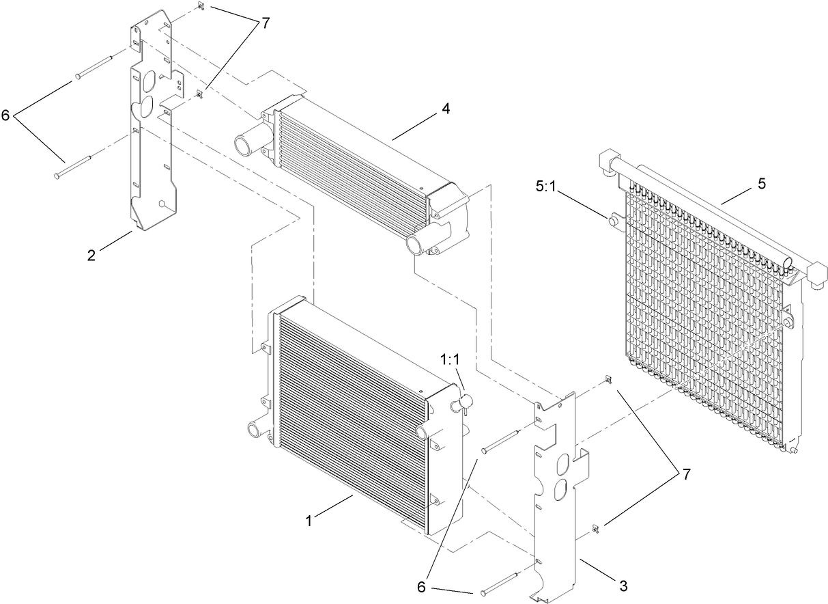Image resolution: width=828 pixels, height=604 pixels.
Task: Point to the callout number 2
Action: point(92,256)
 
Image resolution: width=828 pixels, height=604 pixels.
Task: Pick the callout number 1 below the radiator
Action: point(309,521)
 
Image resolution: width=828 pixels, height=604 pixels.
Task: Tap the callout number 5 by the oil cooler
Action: point(761,184)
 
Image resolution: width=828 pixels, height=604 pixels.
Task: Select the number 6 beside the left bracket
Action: point(6,115)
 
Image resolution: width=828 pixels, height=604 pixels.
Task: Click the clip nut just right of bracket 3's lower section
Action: point(596,527)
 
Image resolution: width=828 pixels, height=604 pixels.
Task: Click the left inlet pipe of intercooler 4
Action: point(244,145)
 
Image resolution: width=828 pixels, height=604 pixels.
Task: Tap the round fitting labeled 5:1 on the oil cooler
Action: point(612,220)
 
